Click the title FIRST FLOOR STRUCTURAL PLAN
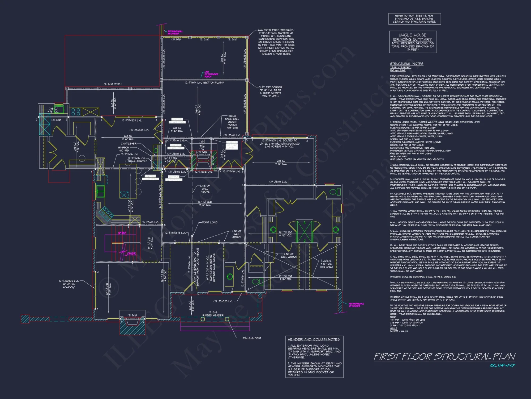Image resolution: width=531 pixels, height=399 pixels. click(x=444, y=356)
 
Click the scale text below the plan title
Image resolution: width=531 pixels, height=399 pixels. click(x=502, y=365)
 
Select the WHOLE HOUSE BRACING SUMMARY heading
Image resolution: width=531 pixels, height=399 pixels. click(x=413, y=37)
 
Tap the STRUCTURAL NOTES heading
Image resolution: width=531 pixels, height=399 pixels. click(x=406, y=64)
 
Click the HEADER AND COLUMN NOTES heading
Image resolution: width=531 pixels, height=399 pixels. click(x=314, y=339)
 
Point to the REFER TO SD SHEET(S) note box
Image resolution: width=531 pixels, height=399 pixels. click(x=414, y=19)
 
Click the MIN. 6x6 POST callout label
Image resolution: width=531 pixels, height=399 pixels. click(x=252, y=338)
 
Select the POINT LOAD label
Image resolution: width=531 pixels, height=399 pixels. click(x=209, y=222)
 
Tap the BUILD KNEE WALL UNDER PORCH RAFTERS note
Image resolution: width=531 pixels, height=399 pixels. click(x=232, y=122)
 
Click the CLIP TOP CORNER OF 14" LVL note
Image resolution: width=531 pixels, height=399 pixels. click(x=270, y=92)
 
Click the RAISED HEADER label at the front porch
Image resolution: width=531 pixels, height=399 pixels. click(x=213, y=315)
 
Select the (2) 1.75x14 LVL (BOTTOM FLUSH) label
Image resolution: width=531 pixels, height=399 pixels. click(x=204, y=82)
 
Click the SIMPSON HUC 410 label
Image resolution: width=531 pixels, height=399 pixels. click(x=123, y=149)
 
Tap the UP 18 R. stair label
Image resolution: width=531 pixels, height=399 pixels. click(x=122, y=233)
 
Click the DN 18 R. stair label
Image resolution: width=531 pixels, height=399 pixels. click(x=131, y=253)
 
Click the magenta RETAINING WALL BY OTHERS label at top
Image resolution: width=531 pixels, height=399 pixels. click(x=175, y=32)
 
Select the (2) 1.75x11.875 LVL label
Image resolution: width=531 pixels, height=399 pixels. click(x=175, y=233)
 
